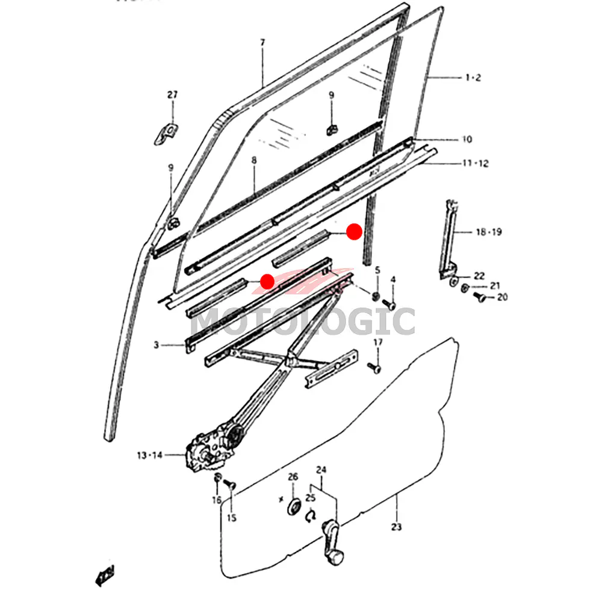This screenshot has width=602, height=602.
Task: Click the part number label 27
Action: click(173, 95)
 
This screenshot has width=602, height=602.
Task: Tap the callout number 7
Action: click(262, 43)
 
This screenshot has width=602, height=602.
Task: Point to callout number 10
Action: click(467, 140)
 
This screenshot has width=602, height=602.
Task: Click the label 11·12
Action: click(475, 163)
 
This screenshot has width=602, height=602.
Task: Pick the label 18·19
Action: click(489, 232)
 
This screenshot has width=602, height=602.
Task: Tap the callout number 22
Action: click(479, 276)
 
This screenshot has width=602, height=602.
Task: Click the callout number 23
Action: click(396, 528)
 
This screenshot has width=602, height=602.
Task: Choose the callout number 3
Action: click(156, 346)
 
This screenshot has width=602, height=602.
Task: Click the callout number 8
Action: click(254, 161)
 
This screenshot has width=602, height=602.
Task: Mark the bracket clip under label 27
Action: click(166, 133)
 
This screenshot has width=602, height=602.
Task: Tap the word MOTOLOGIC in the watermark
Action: click(303, 321)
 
